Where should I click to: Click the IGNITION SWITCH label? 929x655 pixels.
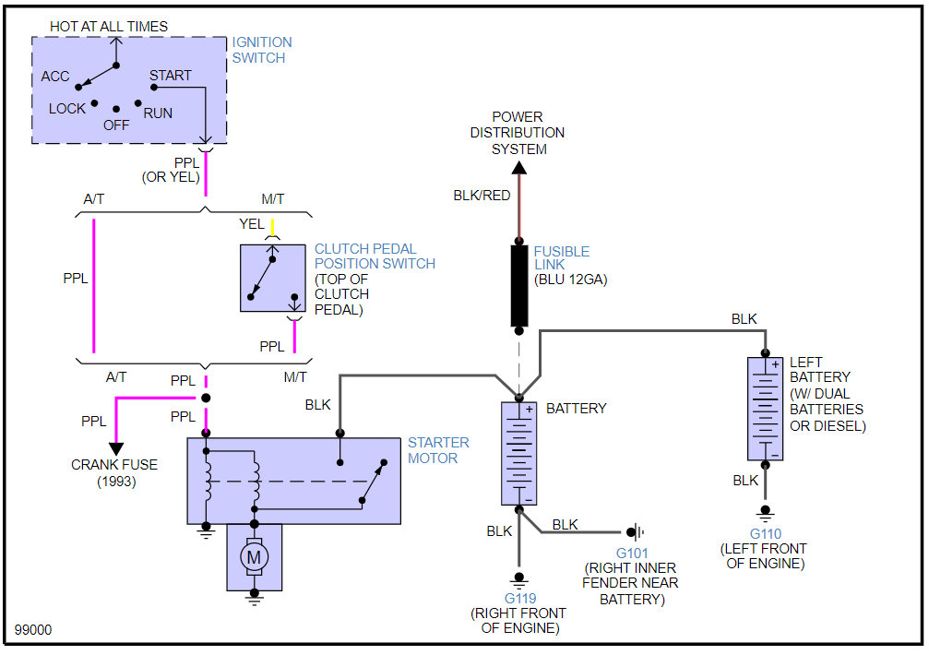[x=262, y=50]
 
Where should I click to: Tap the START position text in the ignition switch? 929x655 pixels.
[x=171, y=76]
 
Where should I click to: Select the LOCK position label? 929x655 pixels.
[x=67, y=109]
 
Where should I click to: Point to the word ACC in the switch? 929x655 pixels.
[x=55, y=77]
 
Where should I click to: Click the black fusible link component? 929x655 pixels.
[x=519, y=285]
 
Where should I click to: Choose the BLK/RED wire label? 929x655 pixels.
[x=482, y=196]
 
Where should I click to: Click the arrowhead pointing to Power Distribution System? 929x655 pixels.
[x=518, y=168]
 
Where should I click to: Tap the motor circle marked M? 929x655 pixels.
[x=254, y=556]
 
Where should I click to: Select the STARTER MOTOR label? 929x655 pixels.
[x=438, y=450]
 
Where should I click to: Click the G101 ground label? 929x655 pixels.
[x=631, y=553]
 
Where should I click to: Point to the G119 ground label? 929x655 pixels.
[x=519, y=597]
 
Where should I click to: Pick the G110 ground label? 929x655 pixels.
[x=765, y=534]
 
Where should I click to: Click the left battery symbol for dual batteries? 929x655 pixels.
[x=765, y=408]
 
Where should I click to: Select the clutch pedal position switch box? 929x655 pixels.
[x=273, y=278]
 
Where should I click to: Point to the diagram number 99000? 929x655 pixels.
[x=33, y=630]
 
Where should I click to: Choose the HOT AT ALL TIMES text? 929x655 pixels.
[x=109, y=27]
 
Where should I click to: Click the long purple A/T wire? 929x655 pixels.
[x=94, y=285]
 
